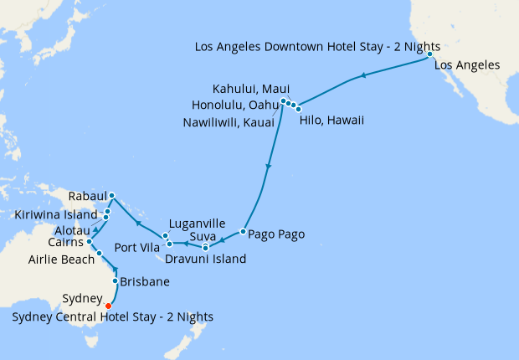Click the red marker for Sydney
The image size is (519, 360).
[x=108, y=306]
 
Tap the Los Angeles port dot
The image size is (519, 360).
[x=429, y=54]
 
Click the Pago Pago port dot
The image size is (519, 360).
[x=243, y=231]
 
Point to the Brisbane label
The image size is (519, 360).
[x=146, y=282]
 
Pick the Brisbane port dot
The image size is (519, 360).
[x=115, y=282]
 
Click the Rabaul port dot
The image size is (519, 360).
[x=112, y=197]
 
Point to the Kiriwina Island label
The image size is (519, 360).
[x=56, y=214]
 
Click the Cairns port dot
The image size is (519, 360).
[x=90, y=241]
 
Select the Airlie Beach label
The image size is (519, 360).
[x=60, y=259]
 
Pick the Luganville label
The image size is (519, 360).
[x=197, y=224]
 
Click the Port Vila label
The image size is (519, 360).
[x=137, y=247]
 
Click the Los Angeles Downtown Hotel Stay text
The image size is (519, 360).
[x=317, y=46]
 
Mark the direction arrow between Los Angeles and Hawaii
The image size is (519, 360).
[x=362, y=77]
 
